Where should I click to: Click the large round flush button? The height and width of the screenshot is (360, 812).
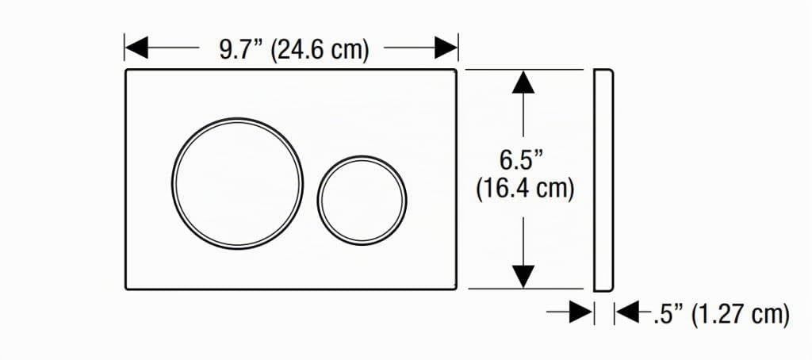pyautogui.click(x=238, y=183)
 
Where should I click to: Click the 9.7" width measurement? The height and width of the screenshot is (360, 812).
pyautogui.click(x=242, y=50)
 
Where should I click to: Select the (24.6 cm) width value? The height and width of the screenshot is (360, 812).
pyautogui.click(x=320, y=51)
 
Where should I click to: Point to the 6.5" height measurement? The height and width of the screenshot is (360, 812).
pyautogui.click(x=523, y=160)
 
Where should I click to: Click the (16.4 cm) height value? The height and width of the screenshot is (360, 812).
pyautogui.click(x=525, y=189)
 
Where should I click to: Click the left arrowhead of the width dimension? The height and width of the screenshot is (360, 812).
pyautogui.click(x=136, y=48)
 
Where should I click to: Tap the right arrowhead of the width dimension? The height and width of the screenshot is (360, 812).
pyautogui.click(x=446, y=48)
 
